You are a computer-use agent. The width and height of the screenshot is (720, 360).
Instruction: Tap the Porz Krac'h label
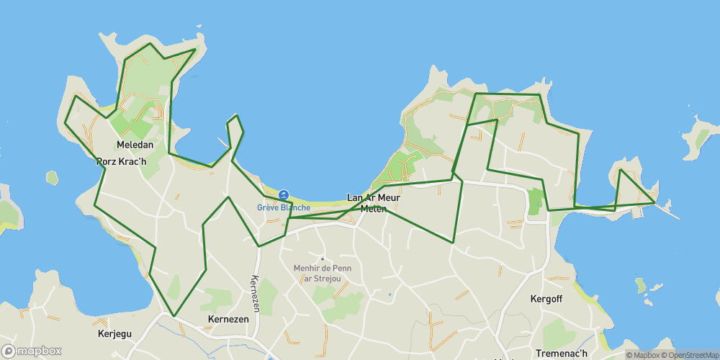click(x=121, y=161)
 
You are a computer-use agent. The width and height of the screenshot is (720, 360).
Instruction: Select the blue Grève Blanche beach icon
click(x=284, y=195)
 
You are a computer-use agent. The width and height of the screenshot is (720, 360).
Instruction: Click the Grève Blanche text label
click(x=284, y=207)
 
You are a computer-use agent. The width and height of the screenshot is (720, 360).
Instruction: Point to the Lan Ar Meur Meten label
click(x=373, y=203)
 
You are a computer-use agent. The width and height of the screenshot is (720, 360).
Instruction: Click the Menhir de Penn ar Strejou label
click(x=322, y=274)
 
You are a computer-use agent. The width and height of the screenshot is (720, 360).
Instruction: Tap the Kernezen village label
click(x=228, y=319)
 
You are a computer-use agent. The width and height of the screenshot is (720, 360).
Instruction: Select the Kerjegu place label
click(x=115, y=334)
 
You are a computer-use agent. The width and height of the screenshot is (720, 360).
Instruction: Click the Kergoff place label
click(x=545, y=298)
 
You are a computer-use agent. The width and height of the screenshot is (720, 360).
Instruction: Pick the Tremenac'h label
click(x=561, y=354)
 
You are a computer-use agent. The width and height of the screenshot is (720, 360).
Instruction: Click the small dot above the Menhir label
click(x=323, y=259)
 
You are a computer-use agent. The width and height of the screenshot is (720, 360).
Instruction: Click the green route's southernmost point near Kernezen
click(x=173, y=315)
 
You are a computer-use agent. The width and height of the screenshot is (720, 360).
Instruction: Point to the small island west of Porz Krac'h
click(x=52, y=177)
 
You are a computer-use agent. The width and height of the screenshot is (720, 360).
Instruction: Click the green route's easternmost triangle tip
click(x=654, y=202)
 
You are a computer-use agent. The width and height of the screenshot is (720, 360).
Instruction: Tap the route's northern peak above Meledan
click(x=150, y=44)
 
